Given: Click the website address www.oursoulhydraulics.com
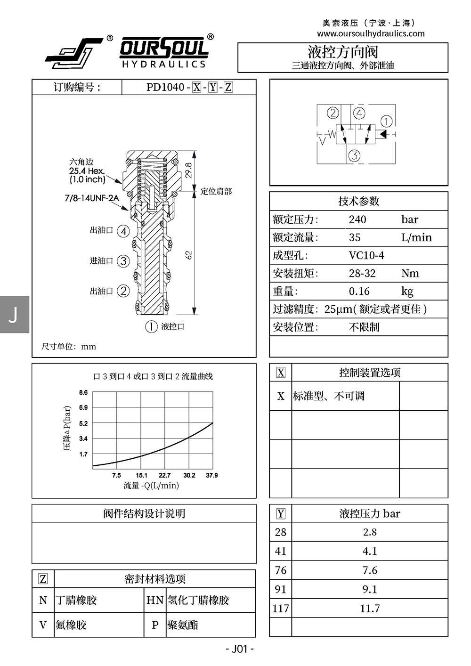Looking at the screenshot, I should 371,33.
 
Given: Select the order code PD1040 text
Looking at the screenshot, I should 165,87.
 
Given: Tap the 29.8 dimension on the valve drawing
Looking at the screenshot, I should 188,170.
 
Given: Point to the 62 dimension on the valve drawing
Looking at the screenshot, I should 188,255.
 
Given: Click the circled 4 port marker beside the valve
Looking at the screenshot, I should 123,231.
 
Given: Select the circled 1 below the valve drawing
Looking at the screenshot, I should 151,326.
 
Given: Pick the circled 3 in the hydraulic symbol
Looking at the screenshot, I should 354,155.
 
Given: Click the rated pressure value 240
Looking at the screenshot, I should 357,219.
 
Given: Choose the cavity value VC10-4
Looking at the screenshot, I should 366,255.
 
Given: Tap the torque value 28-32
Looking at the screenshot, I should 362,273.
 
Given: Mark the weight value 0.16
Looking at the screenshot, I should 359,291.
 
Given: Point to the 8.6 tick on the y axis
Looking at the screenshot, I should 83,392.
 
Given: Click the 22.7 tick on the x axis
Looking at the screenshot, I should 164,475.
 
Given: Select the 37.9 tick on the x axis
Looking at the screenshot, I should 211,475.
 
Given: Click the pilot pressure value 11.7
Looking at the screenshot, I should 370,609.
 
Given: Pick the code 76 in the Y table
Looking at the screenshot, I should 280,570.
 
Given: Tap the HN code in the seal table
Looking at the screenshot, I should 155,600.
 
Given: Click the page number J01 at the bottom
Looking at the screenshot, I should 240,649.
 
